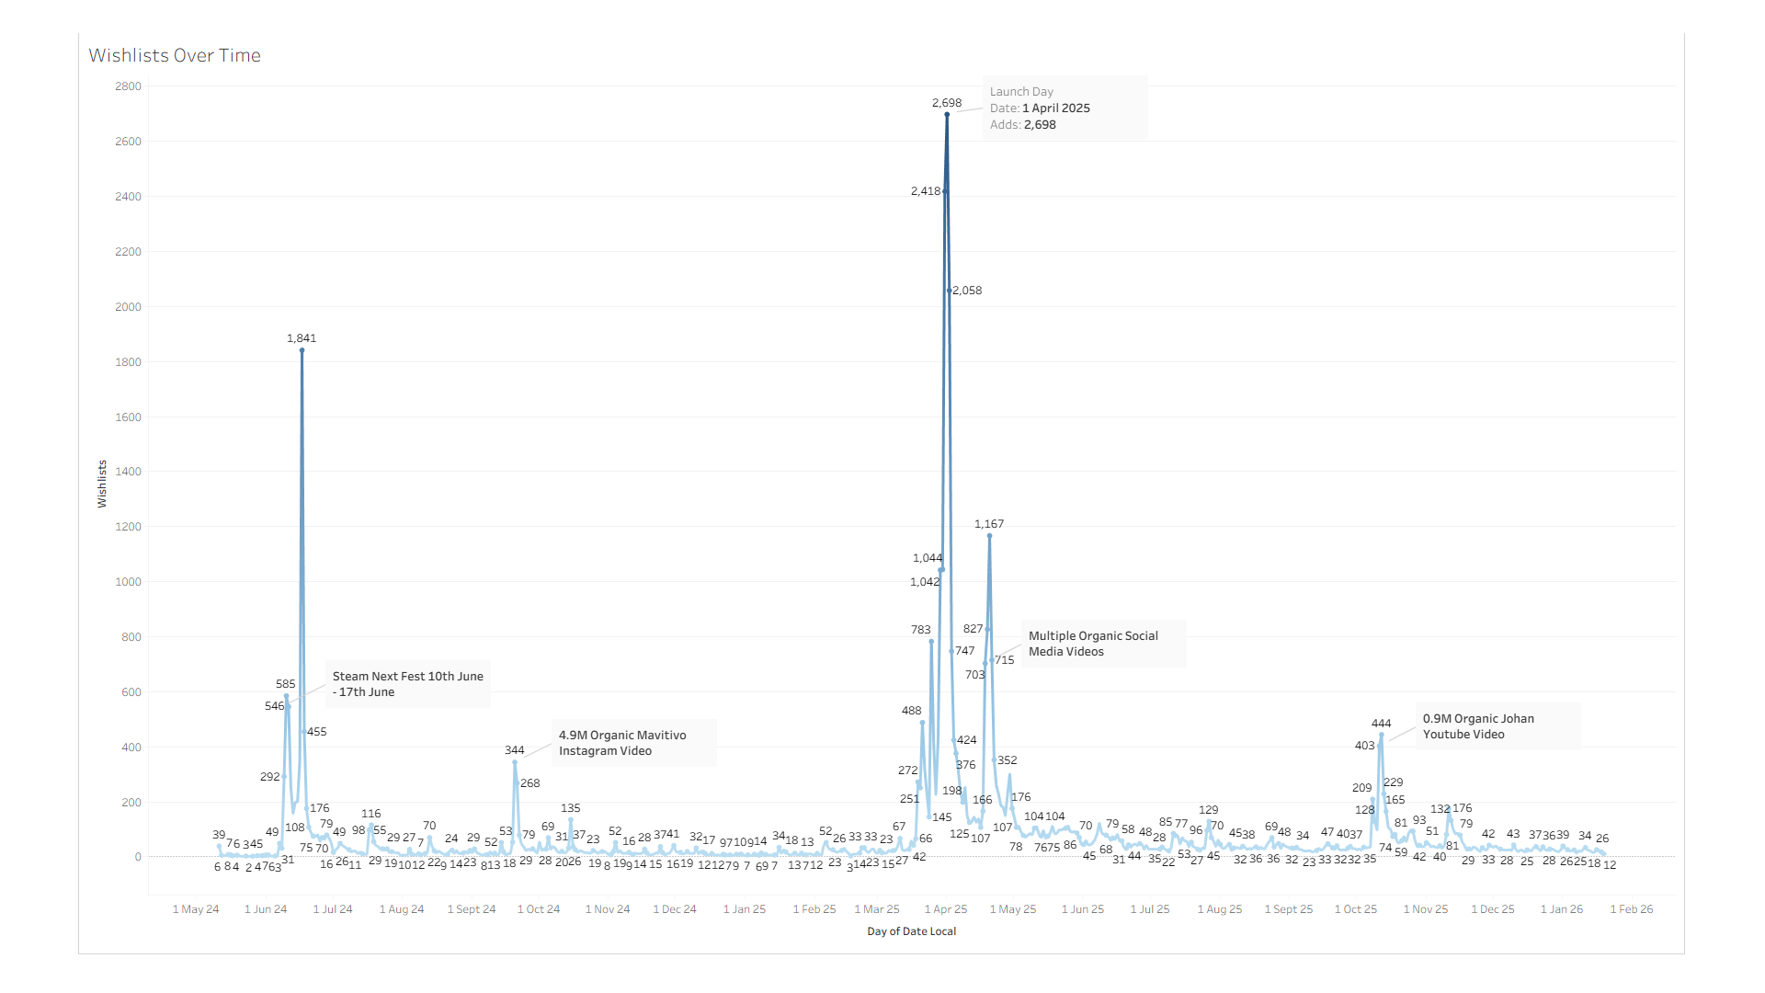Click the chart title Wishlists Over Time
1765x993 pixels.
click(175, 55)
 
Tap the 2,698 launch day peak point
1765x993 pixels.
click(947, 115)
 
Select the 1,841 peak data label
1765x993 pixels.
click(302, 338)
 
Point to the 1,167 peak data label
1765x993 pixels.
click(989, 524)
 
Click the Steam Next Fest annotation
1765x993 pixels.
click(407, 684)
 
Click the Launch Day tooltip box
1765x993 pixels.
click(1065, 108)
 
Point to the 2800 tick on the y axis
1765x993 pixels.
click(128, 86)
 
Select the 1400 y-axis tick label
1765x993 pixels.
click(128, 472)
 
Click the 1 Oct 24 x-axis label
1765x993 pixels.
click(539, 909)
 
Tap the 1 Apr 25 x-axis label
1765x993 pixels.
click(946, 909)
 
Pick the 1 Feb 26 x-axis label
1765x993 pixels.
click(1632, 909)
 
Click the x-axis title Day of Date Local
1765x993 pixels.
click(911, 931)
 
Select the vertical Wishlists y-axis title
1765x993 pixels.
click(102, 484)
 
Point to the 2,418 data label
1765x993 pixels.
click(926, 191)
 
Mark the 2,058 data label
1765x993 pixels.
click(967, 291)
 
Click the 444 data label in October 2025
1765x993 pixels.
click(1381, 724)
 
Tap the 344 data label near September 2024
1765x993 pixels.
click(514, 750)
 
